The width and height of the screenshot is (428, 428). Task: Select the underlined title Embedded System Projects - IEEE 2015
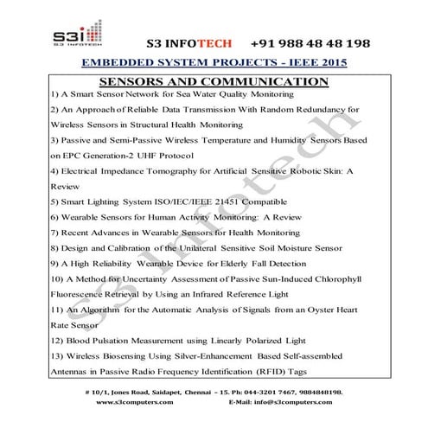pos(214,65)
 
